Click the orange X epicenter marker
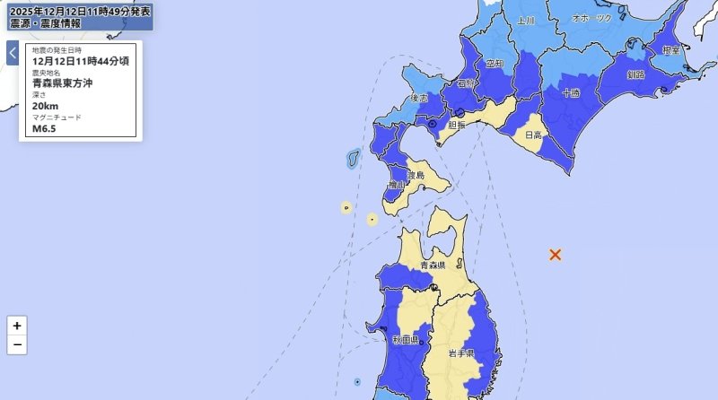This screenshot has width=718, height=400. [x=556, y=255]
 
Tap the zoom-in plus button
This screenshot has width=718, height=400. [x=17, y=326]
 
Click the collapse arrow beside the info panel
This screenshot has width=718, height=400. [x=13, y=53]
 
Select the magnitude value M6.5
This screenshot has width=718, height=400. [x=45, y=127]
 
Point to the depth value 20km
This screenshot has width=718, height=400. [x=45, y=105]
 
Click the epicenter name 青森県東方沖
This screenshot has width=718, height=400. [x=63, y=83]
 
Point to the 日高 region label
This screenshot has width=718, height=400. [x=533, y=135]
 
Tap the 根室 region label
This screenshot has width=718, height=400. [x=670, y=51]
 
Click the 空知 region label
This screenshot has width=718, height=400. [x=495, y=65]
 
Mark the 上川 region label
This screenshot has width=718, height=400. [x=526, y=20]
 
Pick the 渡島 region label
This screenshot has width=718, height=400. [x=413, y=177]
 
